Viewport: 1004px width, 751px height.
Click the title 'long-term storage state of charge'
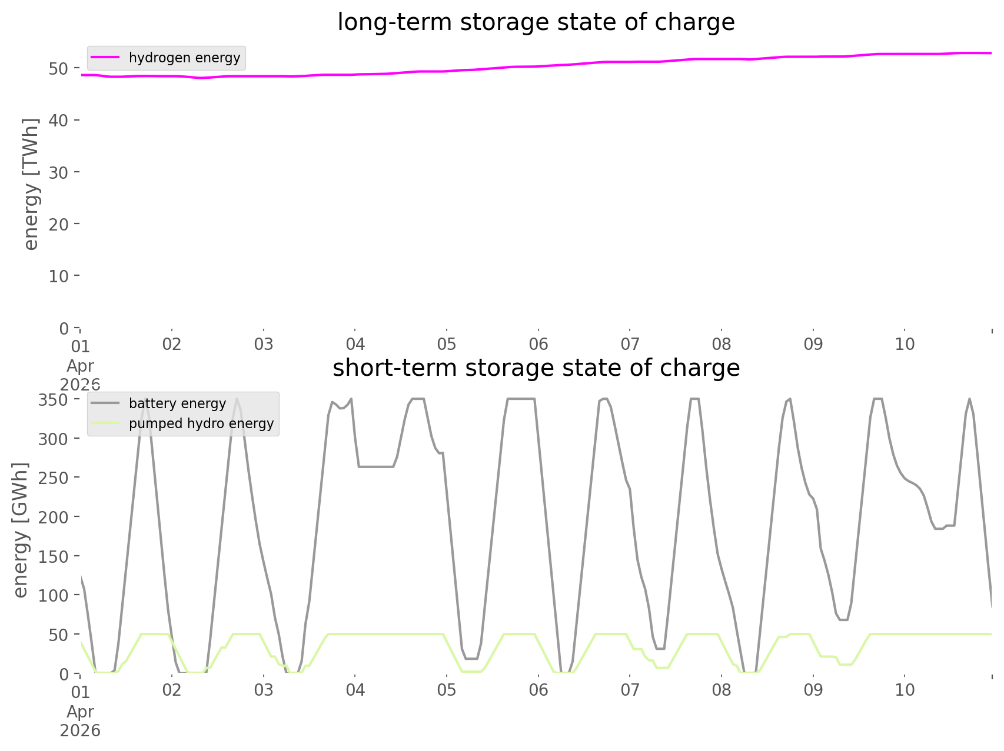click(x=536, y=22)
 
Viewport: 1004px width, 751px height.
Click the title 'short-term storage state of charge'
click(x=536, y=368)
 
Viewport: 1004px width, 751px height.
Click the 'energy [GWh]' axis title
click(x=21, y=530)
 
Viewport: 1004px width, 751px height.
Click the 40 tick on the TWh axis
click(x=58, y=120)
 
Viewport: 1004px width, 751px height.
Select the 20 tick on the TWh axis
click(x=58, y=224)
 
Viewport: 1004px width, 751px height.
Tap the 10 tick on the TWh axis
click(x=58, y=276)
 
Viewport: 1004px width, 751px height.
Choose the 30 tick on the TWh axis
click(x=58, y=172)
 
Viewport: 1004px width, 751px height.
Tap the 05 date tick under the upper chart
click(x=447, y=344)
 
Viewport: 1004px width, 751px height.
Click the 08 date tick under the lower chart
click(x=722, y=690)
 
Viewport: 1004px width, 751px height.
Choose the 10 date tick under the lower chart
click(x=905, y=690)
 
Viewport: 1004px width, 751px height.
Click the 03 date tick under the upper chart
click(x=264, y=344)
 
